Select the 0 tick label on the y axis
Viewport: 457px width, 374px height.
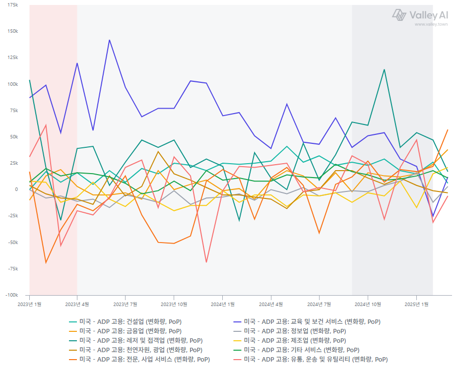coord(16,189)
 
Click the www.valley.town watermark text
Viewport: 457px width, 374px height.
coord(431,24)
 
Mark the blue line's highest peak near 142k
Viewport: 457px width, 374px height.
coord(109,40)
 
